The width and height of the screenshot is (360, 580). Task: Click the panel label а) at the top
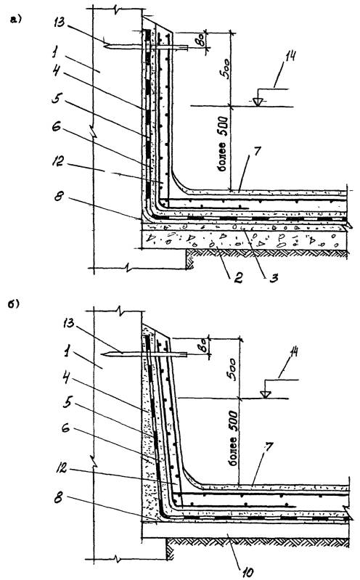pos(16,19)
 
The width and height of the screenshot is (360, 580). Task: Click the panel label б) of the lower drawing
pos(14,303)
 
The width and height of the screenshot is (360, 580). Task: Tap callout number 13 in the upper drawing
pos(59,23)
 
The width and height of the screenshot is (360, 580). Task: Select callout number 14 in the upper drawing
pos(290,56)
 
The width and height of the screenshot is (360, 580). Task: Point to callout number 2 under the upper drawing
pos(238,277)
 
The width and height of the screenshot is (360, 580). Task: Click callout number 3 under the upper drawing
pos(274,277)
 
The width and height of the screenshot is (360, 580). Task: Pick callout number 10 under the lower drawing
pos(248,573)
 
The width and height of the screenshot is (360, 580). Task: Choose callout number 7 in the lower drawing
pos(269,448)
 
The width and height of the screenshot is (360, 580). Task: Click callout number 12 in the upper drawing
pos(58,161)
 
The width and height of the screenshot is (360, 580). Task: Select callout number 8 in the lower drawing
pos(58,498)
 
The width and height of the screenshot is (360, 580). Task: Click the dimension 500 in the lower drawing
pos(232,368)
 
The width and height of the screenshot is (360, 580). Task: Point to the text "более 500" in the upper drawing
pos(223,145)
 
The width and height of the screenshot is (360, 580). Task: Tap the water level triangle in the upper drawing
pos(258,102)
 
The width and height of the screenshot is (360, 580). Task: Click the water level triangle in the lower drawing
pos(264,394)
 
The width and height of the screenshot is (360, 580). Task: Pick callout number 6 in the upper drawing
pos(56,127)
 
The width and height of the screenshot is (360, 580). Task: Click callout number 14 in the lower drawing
pos(294,352)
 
